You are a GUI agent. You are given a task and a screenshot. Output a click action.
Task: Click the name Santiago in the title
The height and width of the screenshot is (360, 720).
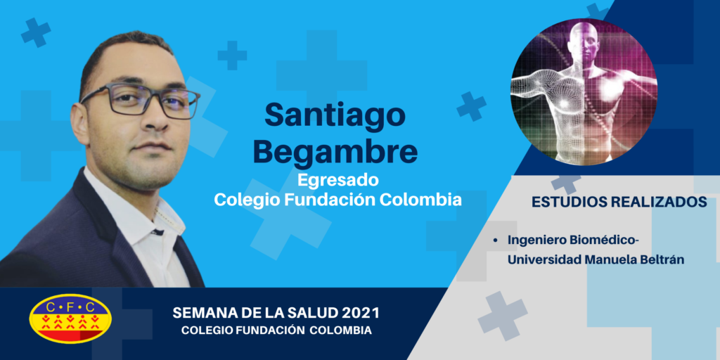point(335,117)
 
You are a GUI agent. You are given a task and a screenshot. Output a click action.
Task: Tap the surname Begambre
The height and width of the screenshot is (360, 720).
point(335,152)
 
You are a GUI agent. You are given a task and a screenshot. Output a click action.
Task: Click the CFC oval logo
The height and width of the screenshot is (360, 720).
point(70,319)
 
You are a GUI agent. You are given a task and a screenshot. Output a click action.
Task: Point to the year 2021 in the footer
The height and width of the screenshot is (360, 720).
point(361,314)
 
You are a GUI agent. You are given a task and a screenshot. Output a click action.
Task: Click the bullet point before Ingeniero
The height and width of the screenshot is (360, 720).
point(496,240)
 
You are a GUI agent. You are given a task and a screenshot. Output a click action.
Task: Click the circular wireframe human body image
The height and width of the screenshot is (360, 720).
point(584,92)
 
